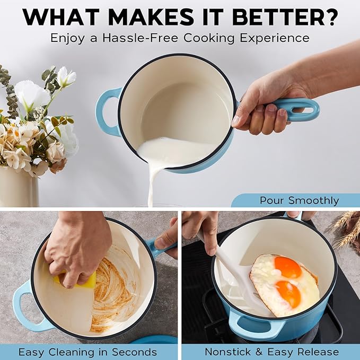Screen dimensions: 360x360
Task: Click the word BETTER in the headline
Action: tap(276, 17)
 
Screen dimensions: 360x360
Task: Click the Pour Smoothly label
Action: tap(299, 200)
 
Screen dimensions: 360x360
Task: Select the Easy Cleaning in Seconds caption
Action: tap(87, 352)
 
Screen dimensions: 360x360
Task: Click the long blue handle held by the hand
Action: tap(297, 109)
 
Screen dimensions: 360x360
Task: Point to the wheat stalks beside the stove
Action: tap(345, 228)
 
